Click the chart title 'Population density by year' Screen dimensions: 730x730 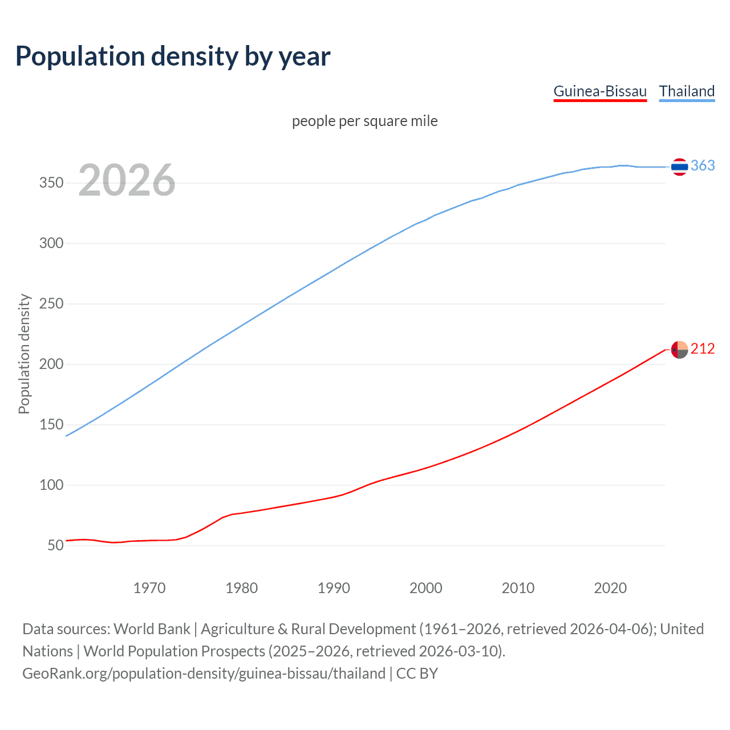(173, 56)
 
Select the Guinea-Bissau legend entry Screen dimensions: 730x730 (600, 91)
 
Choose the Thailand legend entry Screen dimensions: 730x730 (687, 91)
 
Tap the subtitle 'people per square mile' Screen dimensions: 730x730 (364, 121)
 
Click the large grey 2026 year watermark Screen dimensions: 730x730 (127, 180)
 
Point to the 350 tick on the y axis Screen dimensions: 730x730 (51, 183)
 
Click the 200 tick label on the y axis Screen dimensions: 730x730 (51, 364)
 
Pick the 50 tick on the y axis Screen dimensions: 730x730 (55, 546)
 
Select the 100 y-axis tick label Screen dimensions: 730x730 (51, 485)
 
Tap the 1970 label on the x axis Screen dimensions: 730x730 (149, 588)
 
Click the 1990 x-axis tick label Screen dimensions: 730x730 (334, 588)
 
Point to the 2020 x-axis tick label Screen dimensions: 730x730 (610, 588)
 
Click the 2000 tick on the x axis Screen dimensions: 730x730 (426, 588)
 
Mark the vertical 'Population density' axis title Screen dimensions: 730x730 (24, 354)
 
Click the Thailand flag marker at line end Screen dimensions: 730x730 (679, 167)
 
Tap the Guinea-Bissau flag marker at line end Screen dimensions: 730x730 (679, 350)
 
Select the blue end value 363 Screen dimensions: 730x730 (703, 165)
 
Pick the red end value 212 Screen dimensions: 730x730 (703, 348)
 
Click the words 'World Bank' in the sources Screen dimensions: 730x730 (152, 629)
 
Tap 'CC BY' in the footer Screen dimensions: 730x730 (417, 674)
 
